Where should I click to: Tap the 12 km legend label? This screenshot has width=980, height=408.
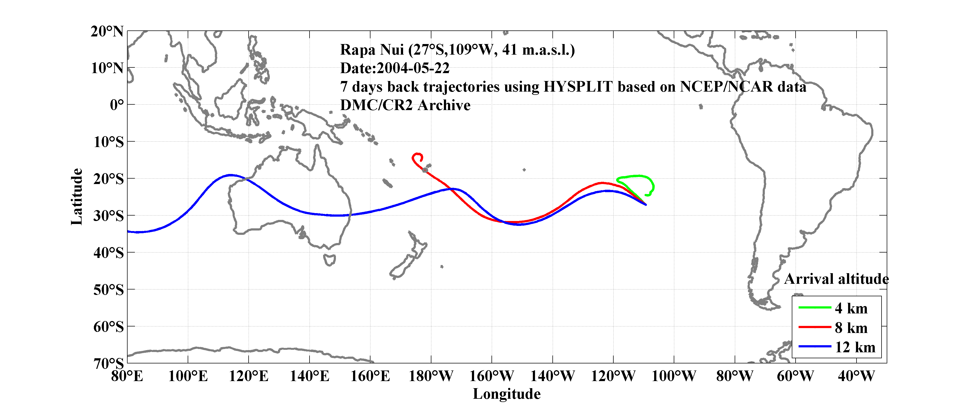click(855, 347)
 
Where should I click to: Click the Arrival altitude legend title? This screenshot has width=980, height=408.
click(836, 279)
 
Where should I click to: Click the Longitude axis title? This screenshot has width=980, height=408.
click(506, 394)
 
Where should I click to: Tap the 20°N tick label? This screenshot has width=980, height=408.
click(107, 31)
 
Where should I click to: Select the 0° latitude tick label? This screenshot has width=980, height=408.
click(117, 105)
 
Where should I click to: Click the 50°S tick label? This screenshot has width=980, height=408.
click(109, 290)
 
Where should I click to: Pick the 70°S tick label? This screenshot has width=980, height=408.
click(109, 363)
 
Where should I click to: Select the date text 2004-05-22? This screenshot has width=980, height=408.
click(413, 68)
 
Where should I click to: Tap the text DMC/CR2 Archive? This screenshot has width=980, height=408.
click(405, 105)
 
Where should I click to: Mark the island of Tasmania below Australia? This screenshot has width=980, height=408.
click(329, 260)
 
